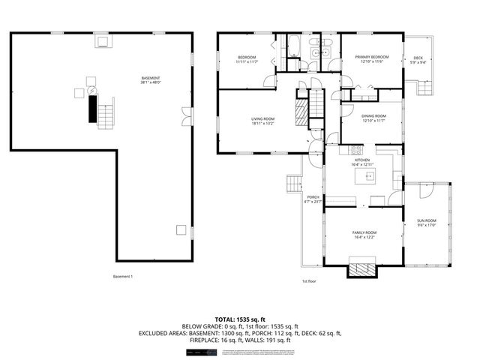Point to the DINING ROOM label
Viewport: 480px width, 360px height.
pos(373,118)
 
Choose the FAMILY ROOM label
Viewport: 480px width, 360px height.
pos(364,235)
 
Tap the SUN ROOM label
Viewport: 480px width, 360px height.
pos(426,223)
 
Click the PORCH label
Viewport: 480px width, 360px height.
pos(313,199)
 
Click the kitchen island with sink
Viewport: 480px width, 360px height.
pos(369,176)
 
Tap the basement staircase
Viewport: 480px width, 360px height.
pos(106,115)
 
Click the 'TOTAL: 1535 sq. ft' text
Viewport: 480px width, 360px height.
pos(239,319)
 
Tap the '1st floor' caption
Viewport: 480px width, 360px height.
pos(309,281)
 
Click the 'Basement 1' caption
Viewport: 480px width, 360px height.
pos(122,277)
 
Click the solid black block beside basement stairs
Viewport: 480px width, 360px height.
pos(91,110)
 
